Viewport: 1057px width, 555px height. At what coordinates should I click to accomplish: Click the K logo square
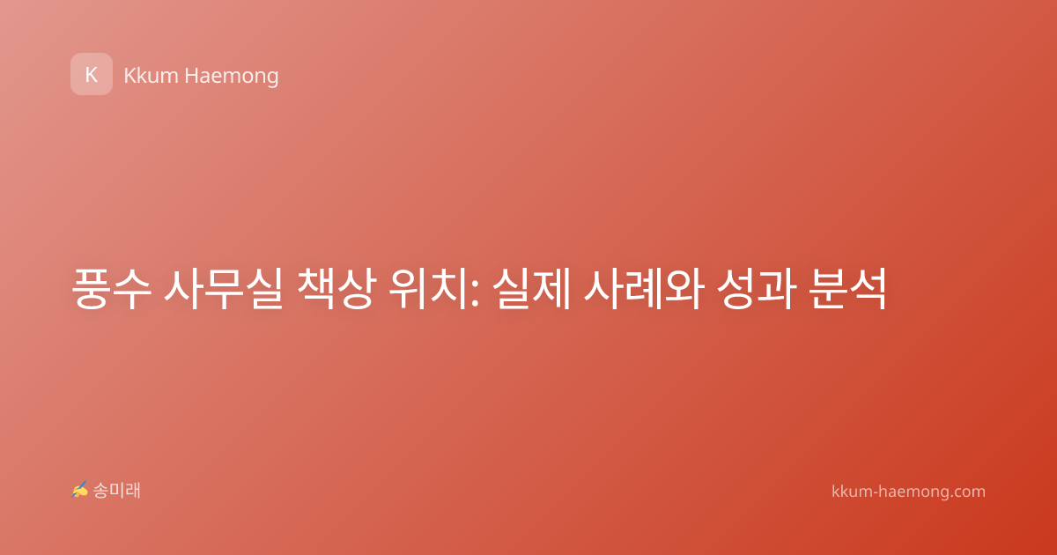coord(92,74)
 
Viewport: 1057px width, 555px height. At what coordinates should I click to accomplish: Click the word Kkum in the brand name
coord(151,76)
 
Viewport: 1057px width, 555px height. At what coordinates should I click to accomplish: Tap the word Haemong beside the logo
coord(232,77)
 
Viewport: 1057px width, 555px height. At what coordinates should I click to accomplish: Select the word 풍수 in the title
coord(111,288)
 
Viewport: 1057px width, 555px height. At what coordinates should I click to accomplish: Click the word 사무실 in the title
coord(223,288)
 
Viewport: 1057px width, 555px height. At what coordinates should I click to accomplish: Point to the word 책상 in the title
coord(336,288)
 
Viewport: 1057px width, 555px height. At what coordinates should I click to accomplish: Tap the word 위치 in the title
coord(428,288)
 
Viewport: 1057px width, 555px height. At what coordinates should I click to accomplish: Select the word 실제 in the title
coord(532,288)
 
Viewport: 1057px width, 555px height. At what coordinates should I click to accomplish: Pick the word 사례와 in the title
coord(644,288)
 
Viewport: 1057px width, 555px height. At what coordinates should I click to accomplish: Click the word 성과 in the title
coord(756,288)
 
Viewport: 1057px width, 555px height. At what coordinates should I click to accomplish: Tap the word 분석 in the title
coord(847,288)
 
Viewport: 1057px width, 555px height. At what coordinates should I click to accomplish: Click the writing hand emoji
coord(79,490)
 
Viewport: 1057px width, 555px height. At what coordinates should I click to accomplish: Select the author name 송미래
coord(116,491)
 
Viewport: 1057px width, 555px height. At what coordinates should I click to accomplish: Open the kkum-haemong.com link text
coord(908,492)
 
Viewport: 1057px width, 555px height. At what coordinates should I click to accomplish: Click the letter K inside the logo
coord(92,75)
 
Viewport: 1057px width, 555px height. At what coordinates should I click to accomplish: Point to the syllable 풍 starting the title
coord(90,288)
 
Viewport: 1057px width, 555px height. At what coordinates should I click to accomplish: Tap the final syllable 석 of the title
coord(868,288)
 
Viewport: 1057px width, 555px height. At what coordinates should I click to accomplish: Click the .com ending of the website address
coord(967,492)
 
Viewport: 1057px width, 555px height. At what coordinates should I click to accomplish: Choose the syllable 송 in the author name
coord(100,491)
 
